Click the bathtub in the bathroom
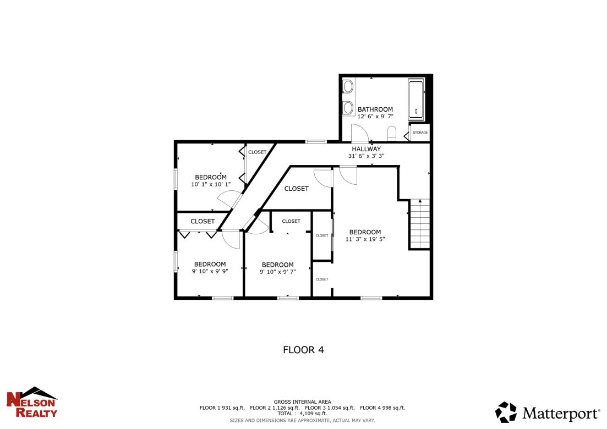coord(416,100)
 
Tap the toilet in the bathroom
coord(392,133)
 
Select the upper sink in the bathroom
coord(348,86)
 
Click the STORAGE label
coord(420,133)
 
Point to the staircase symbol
coord(419,224)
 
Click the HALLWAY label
coord(366,149)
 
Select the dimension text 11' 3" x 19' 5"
coord(365,239)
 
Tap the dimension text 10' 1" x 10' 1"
coord(211,184)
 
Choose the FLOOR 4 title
coord(303,350)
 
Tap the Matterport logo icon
coord(506,412)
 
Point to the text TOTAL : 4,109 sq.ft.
coord(302,413)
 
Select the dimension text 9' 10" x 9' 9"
coord(210,271)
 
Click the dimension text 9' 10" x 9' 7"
coord(277,271)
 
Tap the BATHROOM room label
coord(375,109)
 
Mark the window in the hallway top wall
coord(316,142)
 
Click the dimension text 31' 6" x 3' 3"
coord(366,156)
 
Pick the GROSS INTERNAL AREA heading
coord(302,402)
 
